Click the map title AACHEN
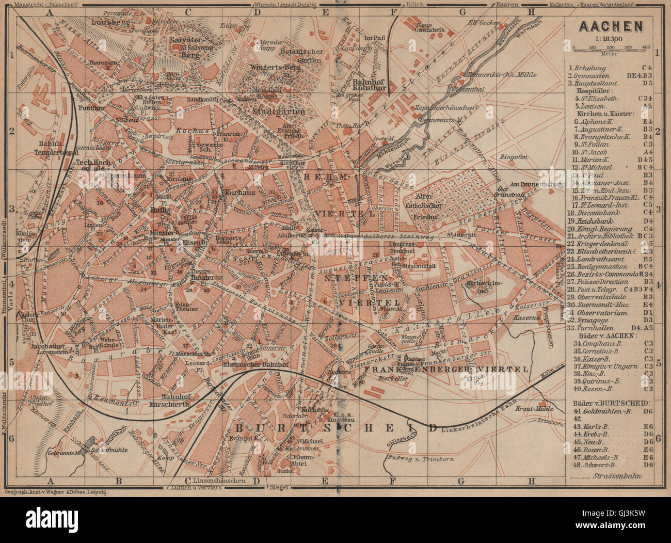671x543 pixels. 611,26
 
